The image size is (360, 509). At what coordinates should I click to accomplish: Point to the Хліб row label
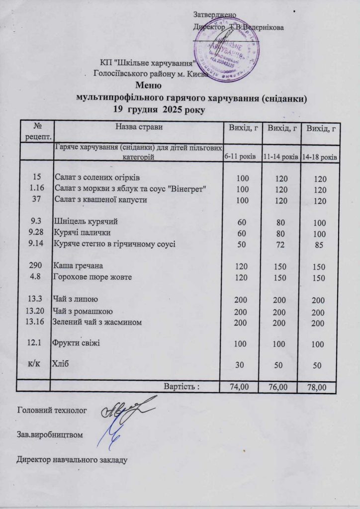(x=60, y=363)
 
